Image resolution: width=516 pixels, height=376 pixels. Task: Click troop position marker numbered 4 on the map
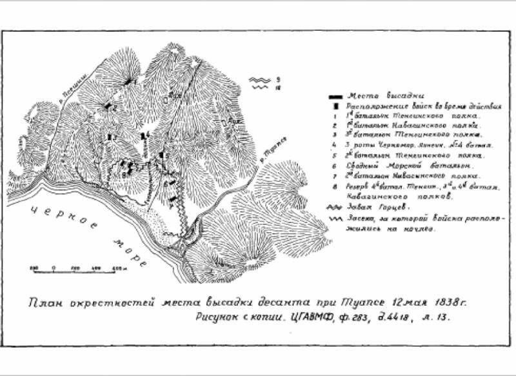click(144, 136)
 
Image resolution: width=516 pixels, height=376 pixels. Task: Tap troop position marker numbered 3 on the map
click(111, 137)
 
